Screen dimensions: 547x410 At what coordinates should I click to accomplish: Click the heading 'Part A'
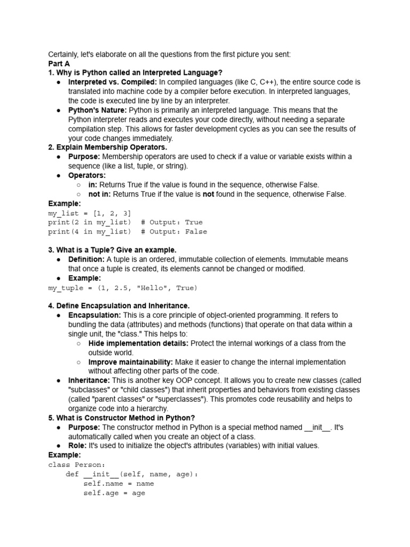[x=59, y=63]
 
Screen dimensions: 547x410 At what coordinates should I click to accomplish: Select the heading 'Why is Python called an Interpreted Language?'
[x=135, y=73]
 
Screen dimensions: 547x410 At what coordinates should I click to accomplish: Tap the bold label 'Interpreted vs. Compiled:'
[x=112, y=82]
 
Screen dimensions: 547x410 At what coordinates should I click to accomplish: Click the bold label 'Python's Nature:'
[x=97, y=110]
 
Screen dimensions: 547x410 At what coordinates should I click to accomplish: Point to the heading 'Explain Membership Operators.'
[x=107, y=147]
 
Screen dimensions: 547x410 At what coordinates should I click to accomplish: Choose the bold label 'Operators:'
[x=87, y=175]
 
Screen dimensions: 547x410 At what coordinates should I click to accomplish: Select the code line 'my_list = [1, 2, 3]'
[x=89, y=213]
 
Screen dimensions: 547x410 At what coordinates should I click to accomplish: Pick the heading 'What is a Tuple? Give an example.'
[x=112, y=250]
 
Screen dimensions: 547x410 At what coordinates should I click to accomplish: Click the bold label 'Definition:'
[x=86, y=260]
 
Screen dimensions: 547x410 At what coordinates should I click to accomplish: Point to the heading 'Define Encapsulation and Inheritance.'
[x=119, y=306]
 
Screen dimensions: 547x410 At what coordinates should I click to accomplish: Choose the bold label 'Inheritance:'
[x=89, y=380]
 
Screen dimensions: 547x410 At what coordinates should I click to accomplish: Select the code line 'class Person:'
[x=77, y=465]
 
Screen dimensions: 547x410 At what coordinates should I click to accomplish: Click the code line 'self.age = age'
[x=114, y=493]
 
